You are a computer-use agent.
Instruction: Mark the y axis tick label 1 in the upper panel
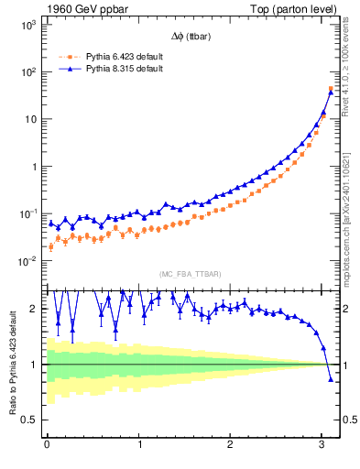32,167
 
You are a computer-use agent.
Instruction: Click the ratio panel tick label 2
33,309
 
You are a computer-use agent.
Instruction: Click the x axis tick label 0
47,446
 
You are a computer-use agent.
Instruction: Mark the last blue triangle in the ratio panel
331,378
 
